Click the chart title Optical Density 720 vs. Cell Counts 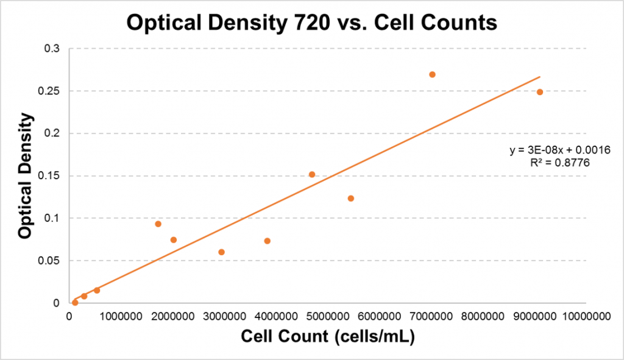311,23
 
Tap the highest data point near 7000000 432,74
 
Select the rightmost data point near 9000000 540,92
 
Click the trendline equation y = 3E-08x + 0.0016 556,149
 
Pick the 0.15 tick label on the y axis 50,176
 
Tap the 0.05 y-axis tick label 50,261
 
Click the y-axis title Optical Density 25,176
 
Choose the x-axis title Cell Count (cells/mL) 328,336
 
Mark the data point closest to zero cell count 75,302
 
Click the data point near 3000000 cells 221,252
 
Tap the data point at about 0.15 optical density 312,174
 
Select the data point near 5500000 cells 351,199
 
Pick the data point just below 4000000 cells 267,241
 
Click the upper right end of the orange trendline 540,77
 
